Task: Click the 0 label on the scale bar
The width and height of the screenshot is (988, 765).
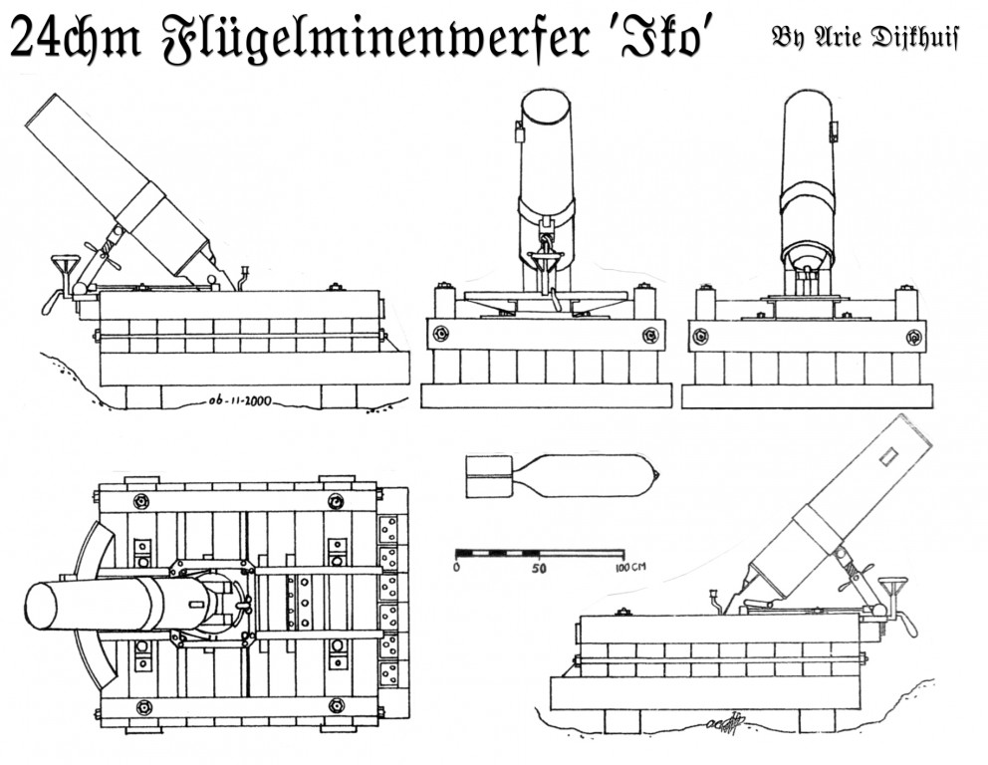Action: [456, 567]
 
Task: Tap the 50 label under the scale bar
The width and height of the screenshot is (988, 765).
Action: [539, 567]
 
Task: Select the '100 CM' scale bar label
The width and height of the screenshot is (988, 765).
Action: [629, 567]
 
